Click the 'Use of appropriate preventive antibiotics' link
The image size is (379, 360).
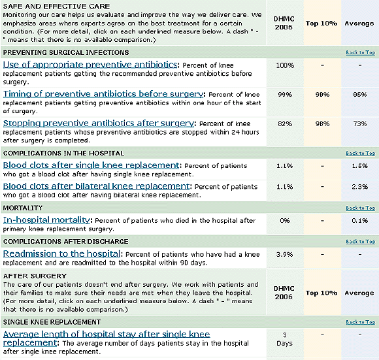click(90, 65)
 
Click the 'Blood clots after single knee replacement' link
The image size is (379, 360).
click(91, 165)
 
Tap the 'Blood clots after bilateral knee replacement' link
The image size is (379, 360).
click(96, 186)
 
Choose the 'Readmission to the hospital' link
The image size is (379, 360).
click(61, 254)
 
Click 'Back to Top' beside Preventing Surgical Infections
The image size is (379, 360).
click(360, 52)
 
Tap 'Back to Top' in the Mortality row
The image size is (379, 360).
click(360, 208)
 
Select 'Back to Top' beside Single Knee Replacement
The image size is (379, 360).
click(360, 322)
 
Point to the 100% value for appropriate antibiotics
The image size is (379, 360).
click(285, 65)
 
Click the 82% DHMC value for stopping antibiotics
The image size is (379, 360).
click(285, 123)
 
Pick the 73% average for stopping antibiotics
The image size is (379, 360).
click(359, 123)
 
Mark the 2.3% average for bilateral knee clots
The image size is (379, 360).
click(359, 187)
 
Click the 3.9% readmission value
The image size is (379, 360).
click(285, 254)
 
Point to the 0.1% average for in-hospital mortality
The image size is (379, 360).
click(359, 221)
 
